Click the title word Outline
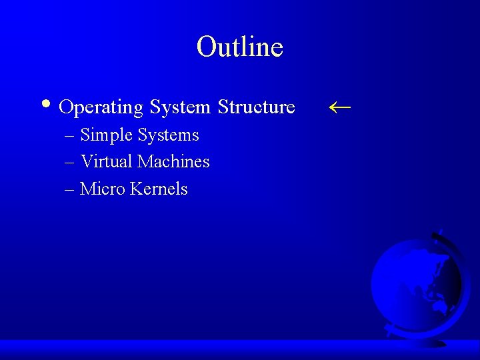tap(240, 47)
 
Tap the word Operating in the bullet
tap(101, 107)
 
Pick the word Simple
tap(106, 135)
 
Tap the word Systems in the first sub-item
tap(168, 135)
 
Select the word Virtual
tap(106, 161)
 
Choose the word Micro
tap(102, 189)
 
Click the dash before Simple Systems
tap(70, 136)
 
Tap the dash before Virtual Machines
tap(70, 163)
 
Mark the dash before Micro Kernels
tap(70, 190)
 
